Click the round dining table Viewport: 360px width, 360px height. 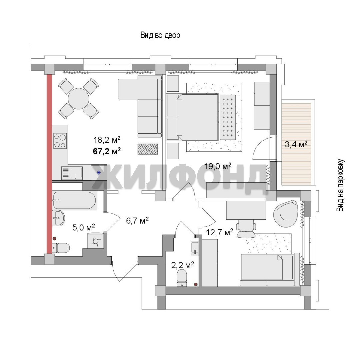79,99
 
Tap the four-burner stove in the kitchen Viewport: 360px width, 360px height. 60,141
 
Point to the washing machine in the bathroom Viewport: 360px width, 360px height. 95,240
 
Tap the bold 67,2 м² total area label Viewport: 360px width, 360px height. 107,151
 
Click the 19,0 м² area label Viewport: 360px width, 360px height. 218,166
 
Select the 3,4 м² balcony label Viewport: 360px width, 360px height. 296,144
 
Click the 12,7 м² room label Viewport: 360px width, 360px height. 219,232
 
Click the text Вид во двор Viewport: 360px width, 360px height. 160,35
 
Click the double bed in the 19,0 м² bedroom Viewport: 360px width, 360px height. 197,117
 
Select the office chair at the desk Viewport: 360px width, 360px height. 246,228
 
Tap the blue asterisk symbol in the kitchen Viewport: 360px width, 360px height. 99,173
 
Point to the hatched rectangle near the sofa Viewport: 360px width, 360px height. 148,149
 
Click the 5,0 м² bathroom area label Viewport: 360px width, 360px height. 84,228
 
